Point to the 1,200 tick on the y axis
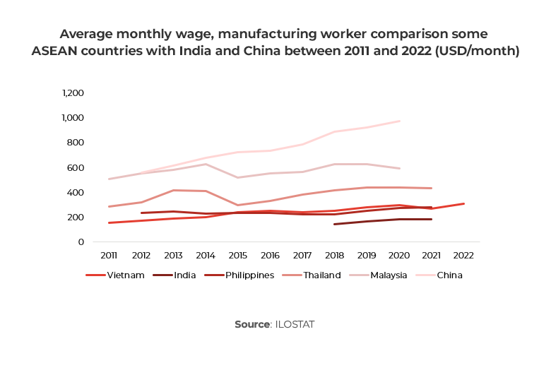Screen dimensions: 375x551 click(73, 93)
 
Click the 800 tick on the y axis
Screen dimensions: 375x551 click(76, 143)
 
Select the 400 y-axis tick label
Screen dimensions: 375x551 click(76, 192)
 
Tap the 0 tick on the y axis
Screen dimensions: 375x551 click(81, 242)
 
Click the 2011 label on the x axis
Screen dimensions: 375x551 click(109, 255)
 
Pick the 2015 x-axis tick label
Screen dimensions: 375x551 click(237, 255)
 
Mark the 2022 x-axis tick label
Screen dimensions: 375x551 click(463, 255)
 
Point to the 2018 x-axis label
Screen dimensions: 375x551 click(334, 255)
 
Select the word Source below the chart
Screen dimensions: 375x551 click(252, 324)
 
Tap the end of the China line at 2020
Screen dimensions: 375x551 click(400, 121)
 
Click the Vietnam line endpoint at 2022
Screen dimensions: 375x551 click(464, 203)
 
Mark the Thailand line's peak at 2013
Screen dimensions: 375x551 click(173, 190)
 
